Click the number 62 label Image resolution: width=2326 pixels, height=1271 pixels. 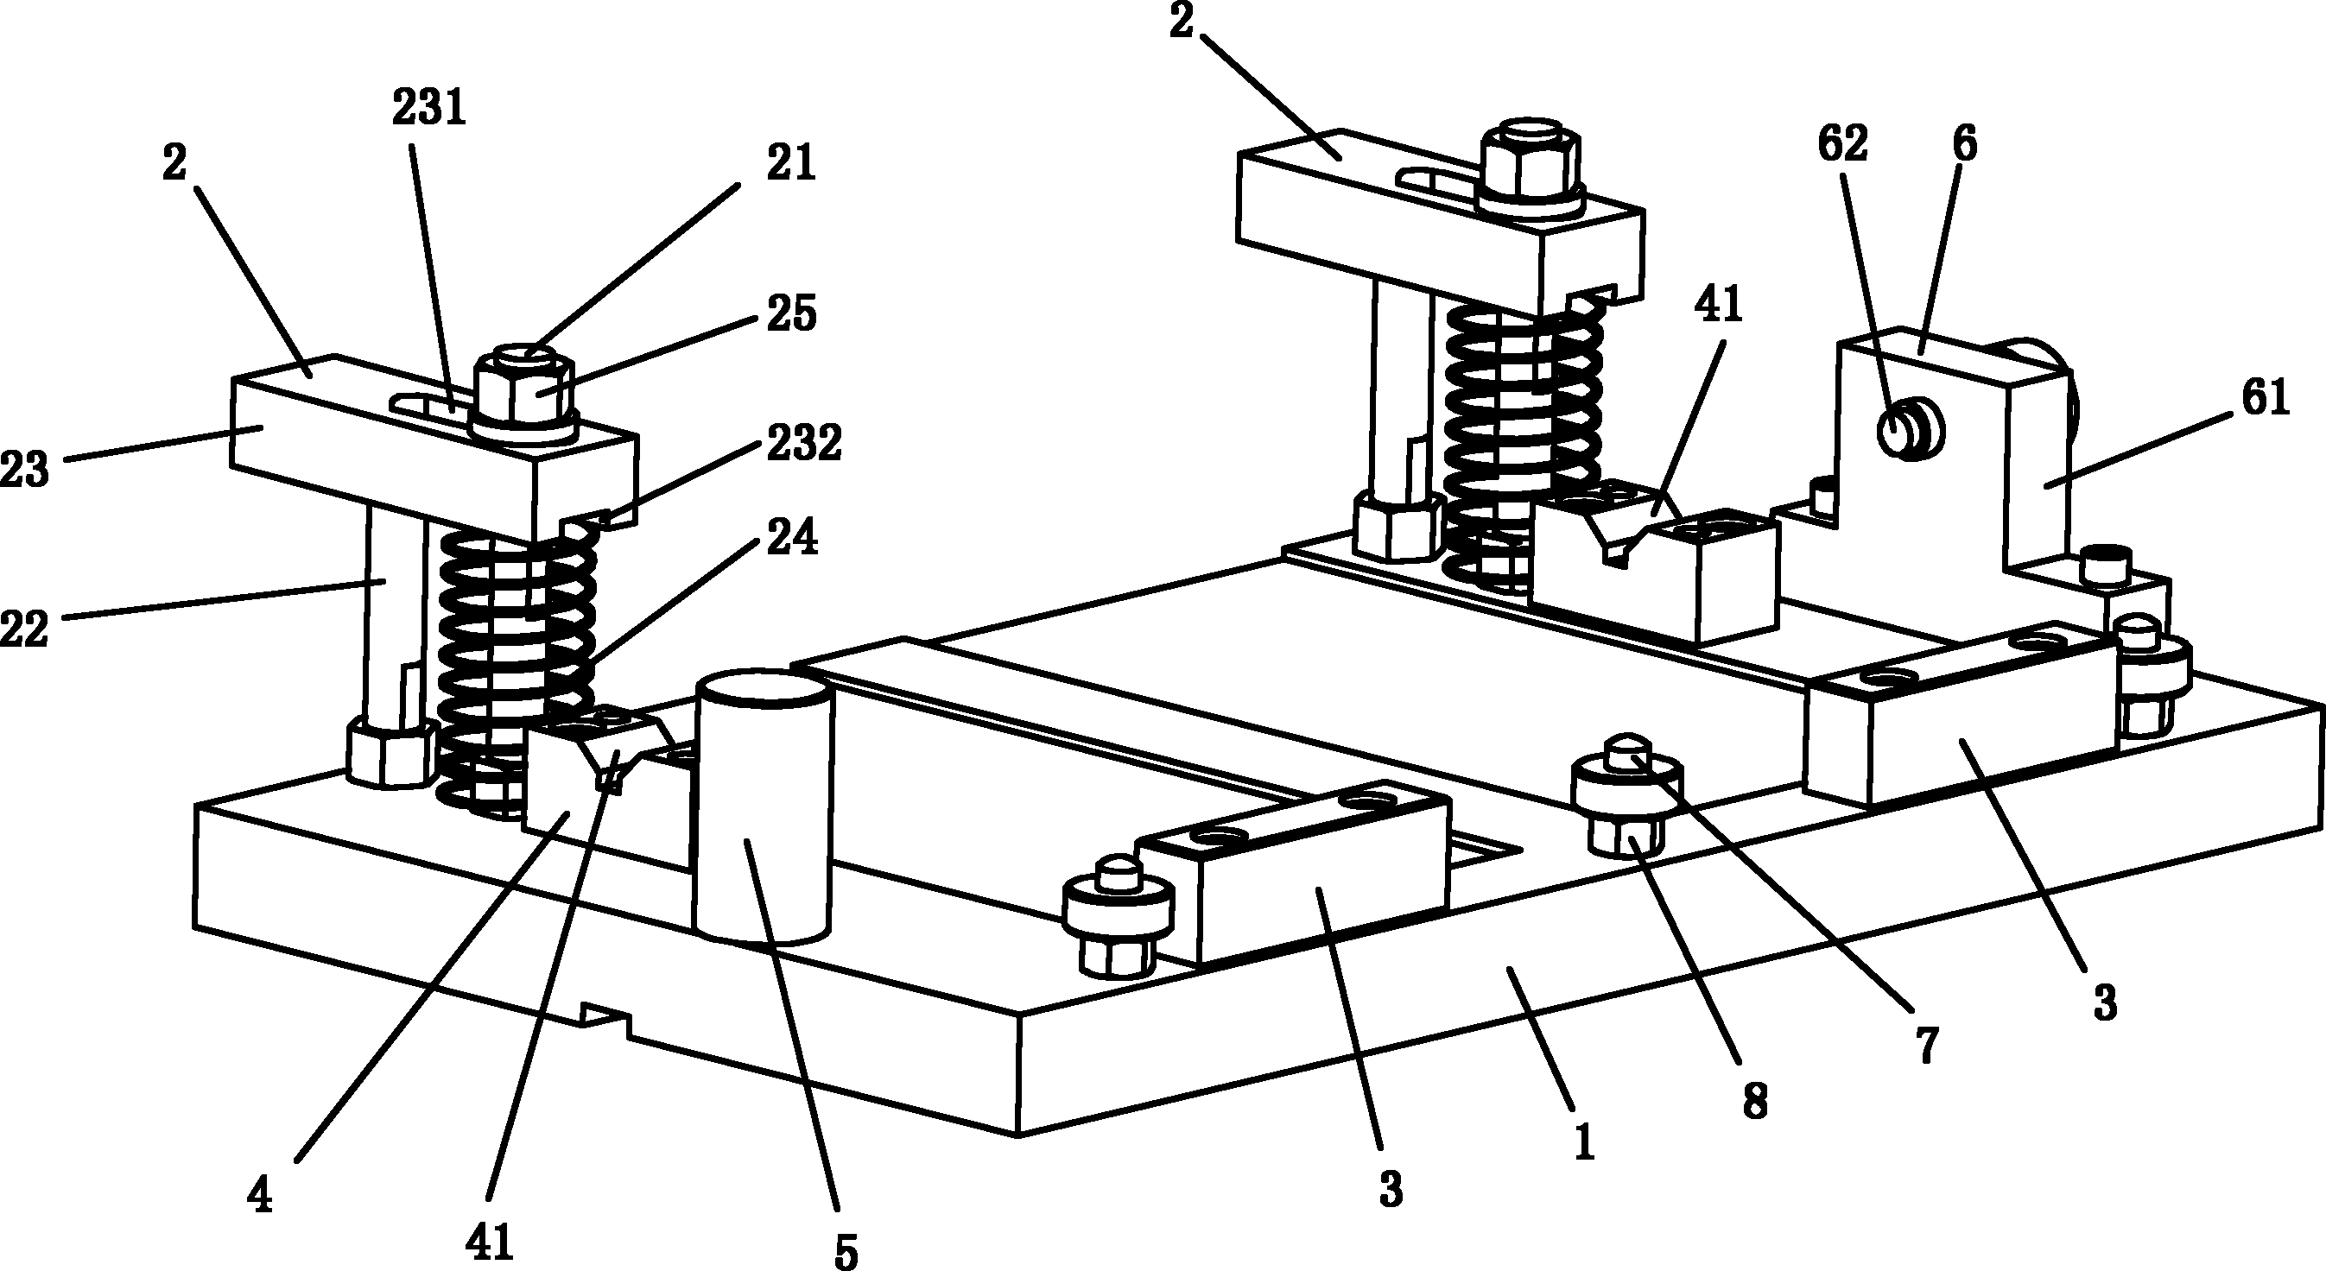coord(1842,145)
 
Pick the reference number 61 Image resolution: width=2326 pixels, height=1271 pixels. coord(2265,398)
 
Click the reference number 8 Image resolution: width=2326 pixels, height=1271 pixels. coord(1754,1102)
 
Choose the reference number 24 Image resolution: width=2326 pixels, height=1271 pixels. coord(791,539)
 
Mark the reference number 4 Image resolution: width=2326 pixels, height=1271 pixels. coord(260,1197)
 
